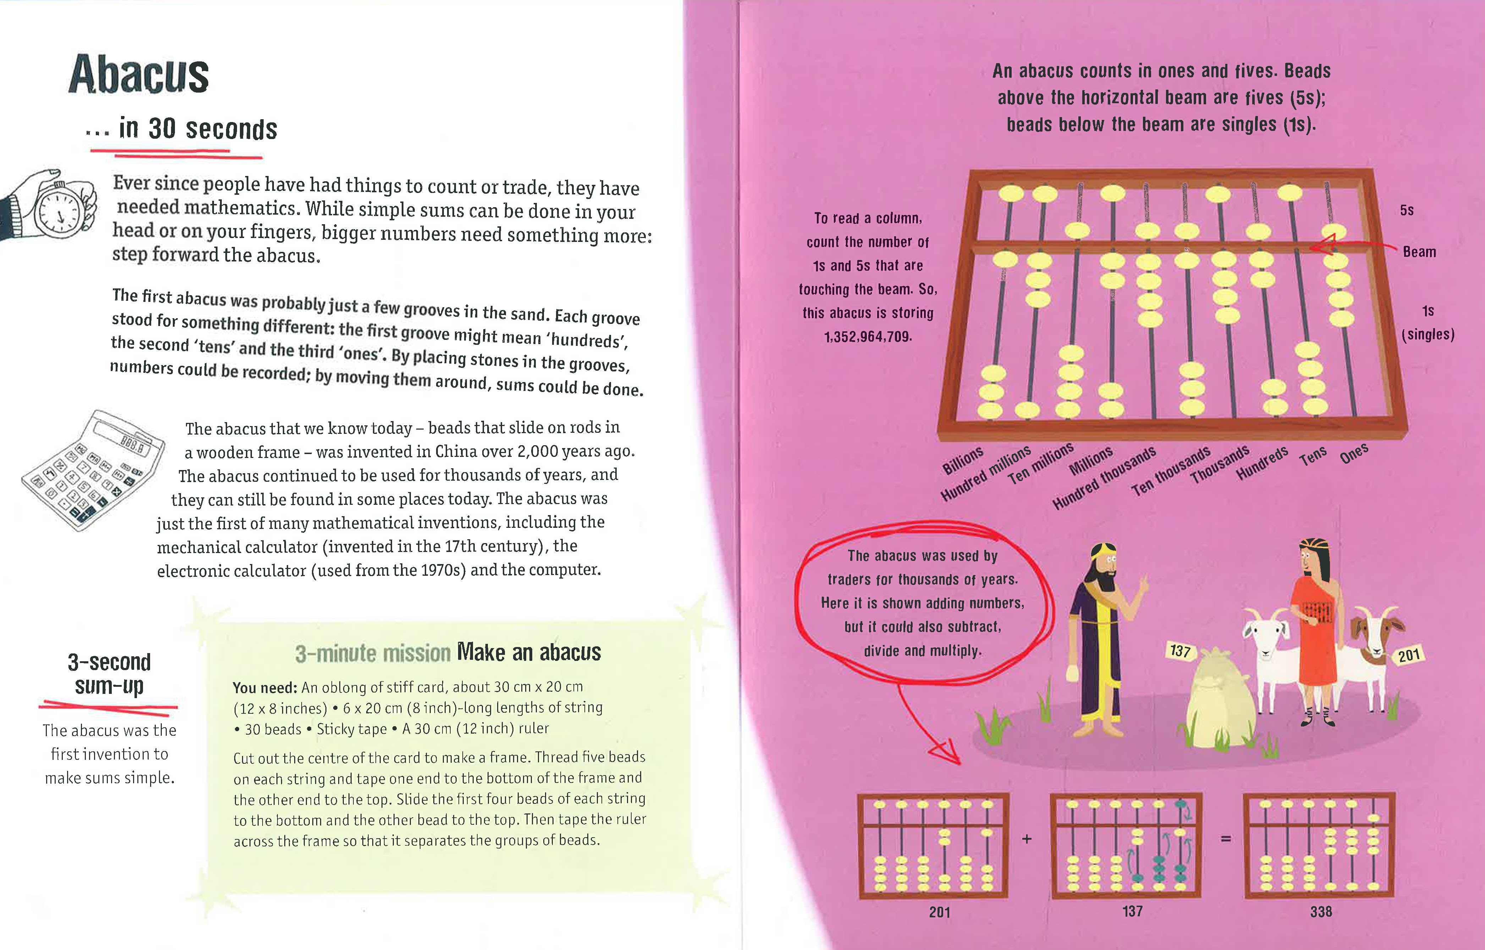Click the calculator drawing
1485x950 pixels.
[93, 469]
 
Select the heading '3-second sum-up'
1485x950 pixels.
[109, 674]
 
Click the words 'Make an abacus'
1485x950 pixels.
[529, 652]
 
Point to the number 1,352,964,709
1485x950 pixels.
[868, 337]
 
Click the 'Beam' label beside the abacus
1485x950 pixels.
[1419, 252]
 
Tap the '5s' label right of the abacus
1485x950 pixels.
[1407, 210]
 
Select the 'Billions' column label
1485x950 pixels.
[962, 460]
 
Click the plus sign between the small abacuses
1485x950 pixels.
[1027, 839]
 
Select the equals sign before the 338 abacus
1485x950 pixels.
[1226, 839]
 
